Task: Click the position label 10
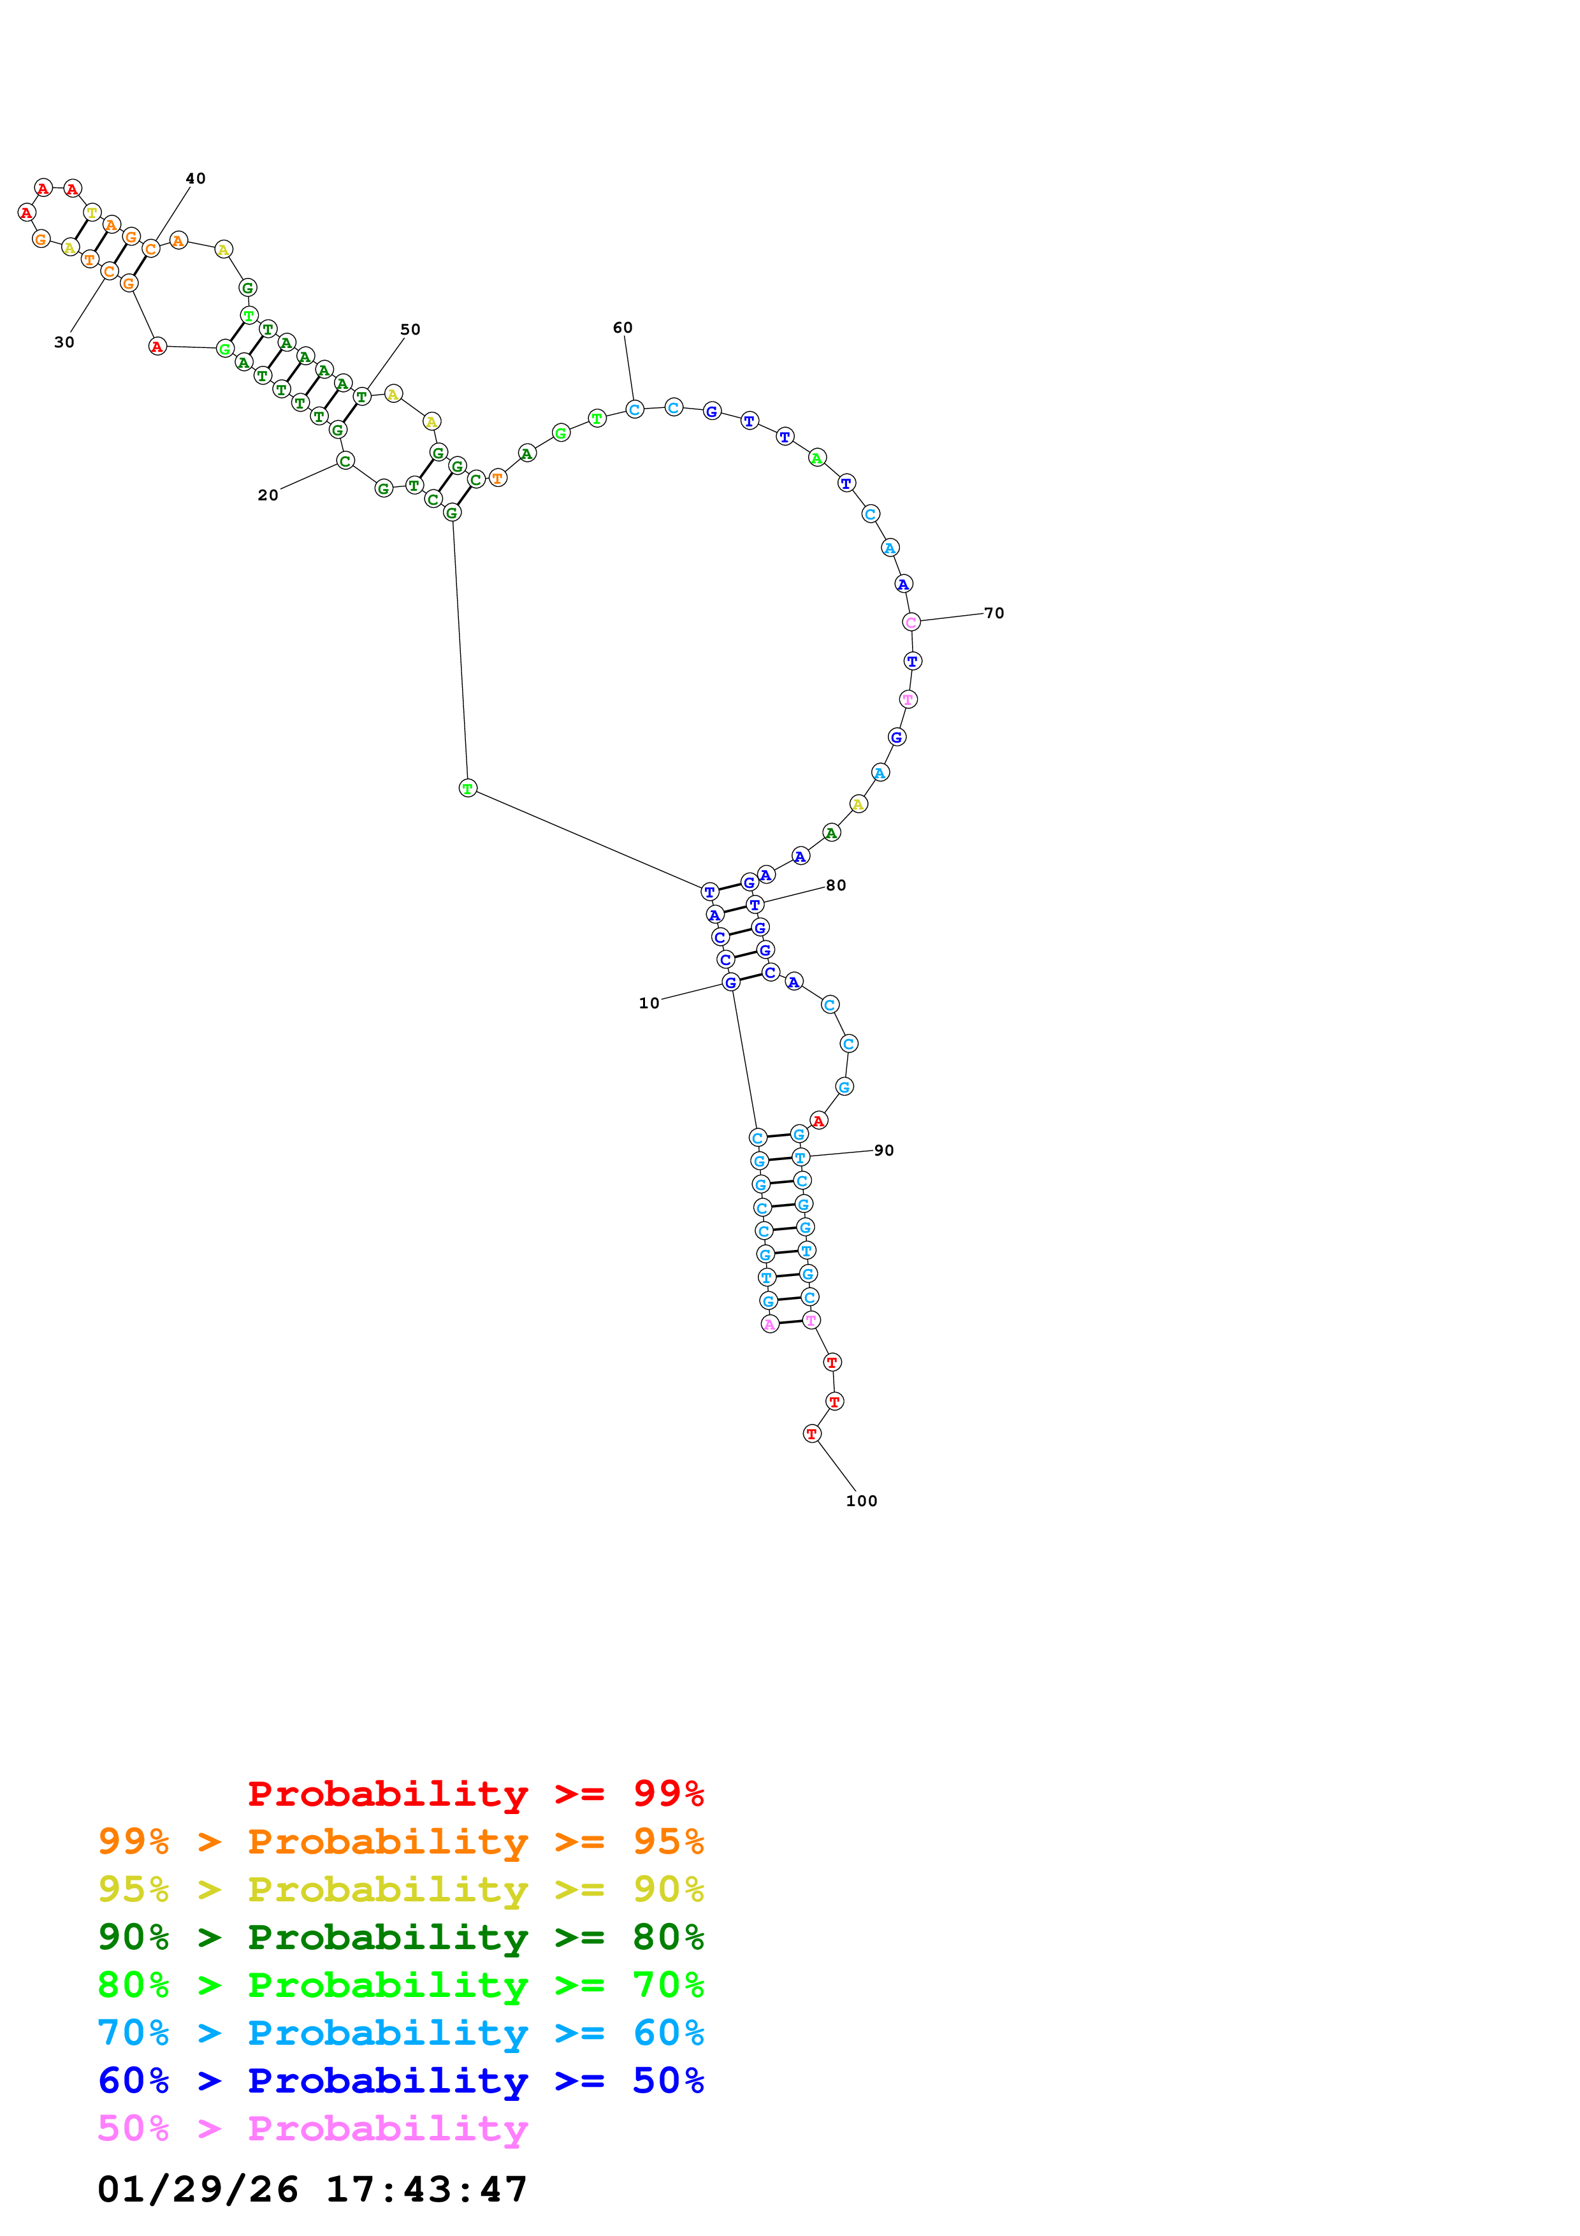[x=648, y=1003]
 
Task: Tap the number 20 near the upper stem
[x=268, y=495]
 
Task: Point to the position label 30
[x=64, y=342]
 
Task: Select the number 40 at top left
[x=196, y=178]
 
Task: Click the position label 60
[x=622, y=327]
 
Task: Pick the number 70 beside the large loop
[x=993, y=613]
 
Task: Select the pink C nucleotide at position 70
[x=910, y=621]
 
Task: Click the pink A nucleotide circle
[x=770, y=1323]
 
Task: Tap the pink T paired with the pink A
[x=811, y=1319]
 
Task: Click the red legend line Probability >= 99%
[x=475, y=1793]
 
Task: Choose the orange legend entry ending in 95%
[x=400, y=1841]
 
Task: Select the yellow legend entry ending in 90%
[x=400, y=1889]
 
